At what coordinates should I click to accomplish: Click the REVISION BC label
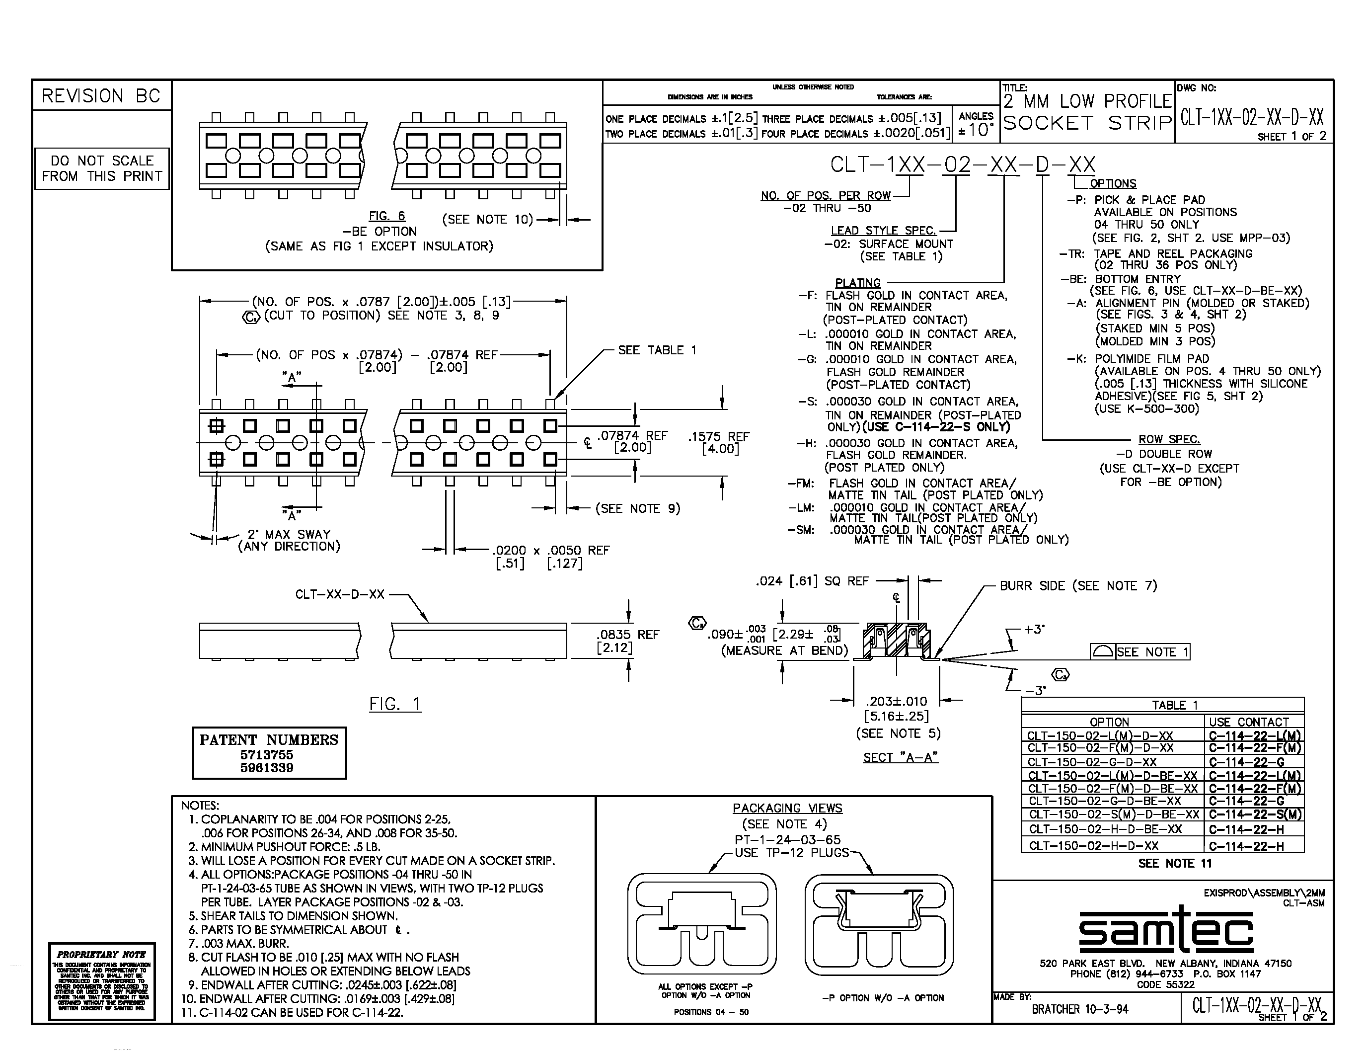point(101,96)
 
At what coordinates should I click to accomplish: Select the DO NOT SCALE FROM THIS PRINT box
point(102,169)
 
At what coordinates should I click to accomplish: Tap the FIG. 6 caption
point(386,216)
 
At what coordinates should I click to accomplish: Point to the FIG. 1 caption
point(395,705)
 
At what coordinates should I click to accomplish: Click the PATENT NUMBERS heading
point(269,740)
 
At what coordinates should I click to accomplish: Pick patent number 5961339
point(267,768)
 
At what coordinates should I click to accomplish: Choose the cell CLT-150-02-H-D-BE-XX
point(1105,829)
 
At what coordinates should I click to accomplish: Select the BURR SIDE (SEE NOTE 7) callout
point(1078,585)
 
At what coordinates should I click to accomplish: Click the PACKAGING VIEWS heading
point(787,808)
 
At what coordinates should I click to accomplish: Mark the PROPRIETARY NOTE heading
point(101,955)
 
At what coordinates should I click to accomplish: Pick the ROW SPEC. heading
point(1169,439)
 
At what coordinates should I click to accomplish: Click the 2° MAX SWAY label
point(288,535)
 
